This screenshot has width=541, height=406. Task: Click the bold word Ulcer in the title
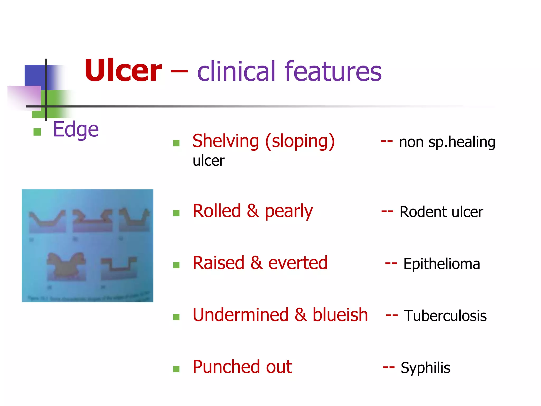123,71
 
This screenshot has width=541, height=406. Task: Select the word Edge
76,130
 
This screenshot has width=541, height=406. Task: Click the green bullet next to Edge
37,132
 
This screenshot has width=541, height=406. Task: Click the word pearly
288,211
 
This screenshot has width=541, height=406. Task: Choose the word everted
298,263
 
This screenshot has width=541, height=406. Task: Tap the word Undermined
240,315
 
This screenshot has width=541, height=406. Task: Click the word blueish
340,315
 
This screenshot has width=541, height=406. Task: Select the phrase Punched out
242,367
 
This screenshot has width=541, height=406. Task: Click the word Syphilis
425,368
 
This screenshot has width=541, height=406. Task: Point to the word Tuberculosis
445,316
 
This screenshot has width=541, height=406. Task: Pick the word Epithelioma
441,264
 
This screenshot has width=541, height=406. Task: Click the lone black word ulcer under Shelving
208,161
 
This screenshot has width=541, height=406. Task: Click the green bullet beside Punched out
176,369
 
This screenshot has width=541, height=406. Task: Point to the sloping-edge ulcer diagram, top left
47,221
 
